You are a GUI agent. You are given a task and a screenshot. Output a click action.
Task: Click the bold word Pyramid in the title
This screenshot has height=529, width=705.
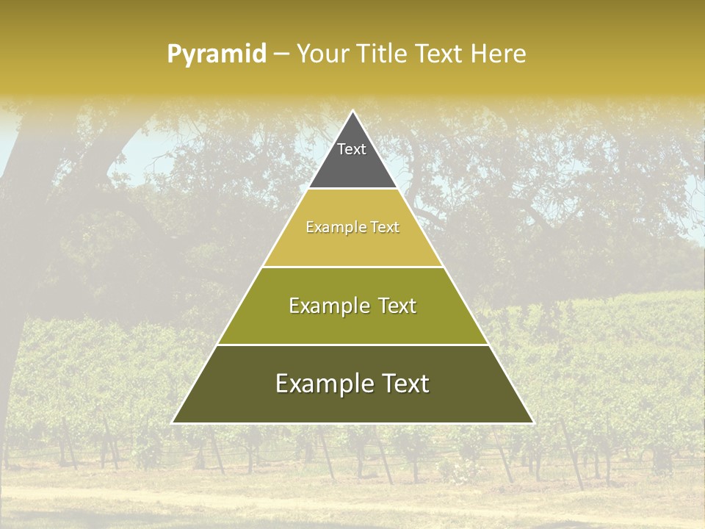(x=217, y=54)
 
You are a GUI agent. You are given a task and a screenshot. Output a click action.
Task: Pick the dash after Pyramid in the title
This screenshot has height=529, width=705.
(x=281, y=54)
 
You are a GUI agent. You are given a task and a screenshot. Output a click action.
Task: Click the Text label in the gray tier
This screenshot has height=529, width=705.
(x=352, y=149)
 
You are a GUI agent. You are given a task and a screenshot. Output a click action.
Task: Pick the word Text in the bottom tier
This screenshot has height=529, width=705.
(x=404, y=384)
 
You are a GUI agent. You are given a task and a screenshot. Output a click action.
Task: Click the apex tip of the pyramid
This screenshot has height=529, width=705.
(x=352, y=112)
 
